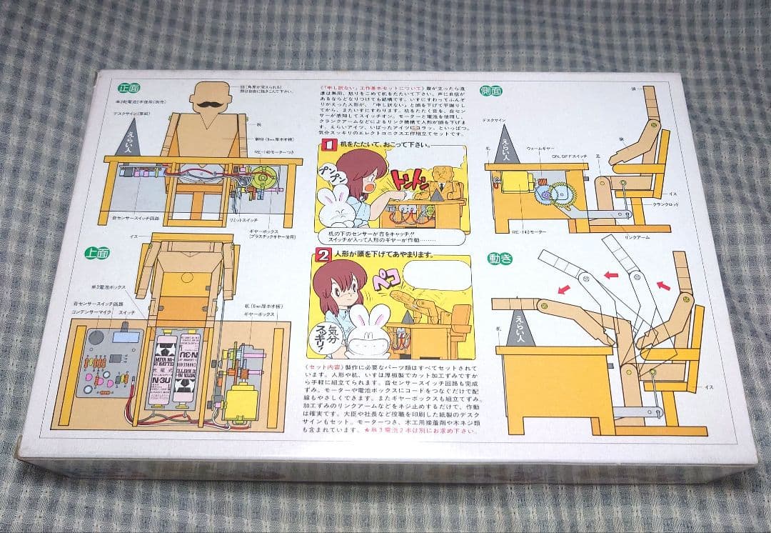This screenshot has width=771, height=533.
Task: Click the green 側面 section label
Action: click(x=492, y=91)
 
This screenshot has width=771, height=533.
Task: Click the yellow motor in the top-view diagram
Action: click(x=240, y=401)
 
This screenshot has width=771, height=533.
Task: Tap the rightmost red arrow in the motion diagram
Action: click(x=663, y=285)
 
